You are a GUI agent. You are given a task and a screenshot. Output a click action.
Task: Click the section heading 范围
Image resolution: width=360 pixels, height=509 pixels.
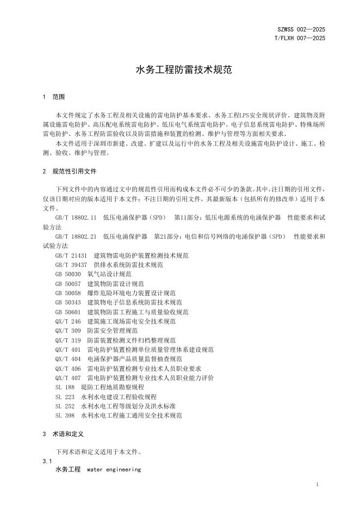59,97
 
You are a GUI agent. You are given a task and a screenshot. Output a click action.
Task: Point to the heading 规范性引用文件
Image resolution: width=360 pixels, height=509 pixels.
75,171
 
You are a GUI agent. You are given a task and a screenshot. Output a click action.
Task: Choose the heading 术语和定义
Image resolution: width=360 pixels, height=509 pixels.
68,434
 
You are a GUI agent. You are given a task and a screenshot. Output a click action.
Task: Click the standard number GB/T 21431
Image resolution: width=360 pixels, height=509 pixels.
71,255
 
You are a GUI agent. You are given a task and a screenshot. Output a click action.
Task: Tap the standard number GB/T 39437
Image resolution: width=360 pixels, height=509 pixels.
71,265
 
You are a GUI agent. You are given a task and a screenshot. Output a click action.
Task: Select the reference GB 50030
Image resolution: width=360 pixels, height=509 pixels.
68,274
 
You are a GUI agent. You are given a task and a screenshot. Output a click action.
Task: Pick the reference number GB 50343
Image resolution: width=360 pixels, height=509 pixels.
68,302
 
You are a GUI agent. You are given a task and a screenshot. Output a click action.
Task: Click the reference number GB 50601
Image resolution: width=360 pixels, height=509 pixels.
68,312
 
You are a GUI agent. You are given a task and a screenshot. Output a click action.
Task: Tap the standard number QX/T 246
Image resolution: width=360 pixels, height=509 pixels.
68,321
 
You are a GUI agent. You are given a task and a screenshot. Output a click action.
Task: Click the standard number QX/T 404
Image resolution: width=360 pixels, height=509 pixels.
68,359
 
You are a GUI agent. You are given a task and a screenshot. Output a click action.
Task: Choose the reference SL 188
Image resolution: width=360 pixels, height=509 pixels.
65,387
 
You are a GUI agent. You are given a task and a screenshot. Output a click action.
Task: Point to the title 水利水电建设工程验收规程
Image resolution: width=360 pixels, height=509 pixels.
119,397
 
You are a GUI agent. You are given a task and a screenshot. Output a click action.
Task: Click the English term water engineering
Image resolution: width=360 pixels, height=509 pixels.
114,469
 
